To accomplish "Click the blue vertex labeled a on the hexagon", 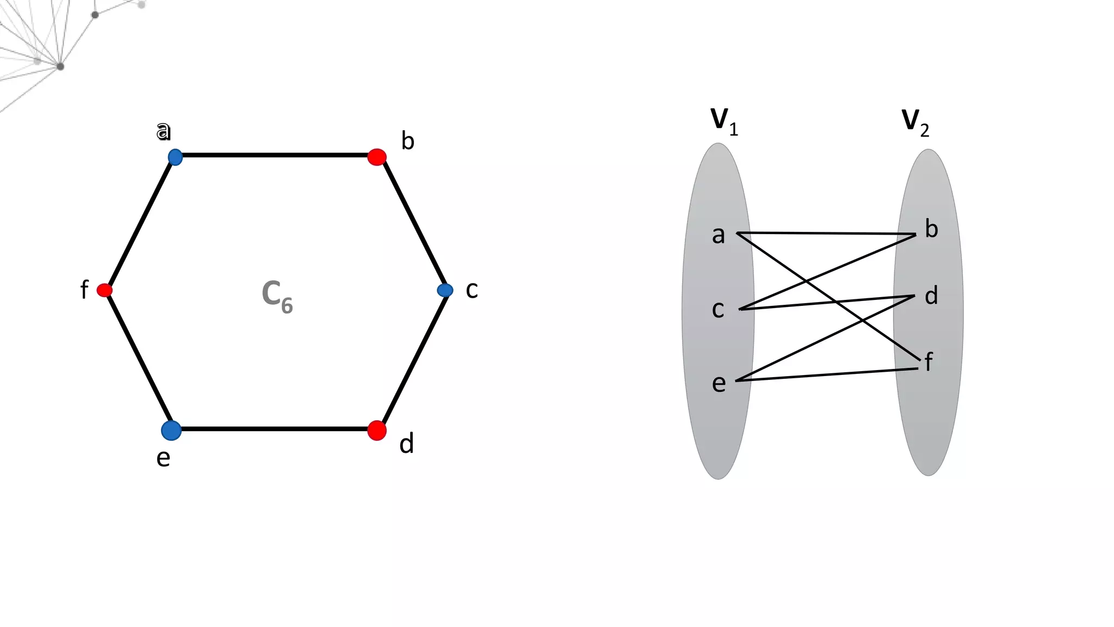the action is [x=175, y=157].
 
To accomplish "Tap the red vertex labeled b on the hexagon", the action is [x=377, y=157].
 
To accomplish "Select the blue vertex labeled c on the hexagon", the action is [x=445, y=290].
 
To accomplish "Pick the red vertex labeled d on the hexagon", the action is [x=377, y=431].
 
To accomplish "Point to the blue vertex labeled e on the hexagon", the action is [x=171, y=430].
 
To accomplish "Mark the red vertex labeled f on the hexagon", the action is [x=104, y=290].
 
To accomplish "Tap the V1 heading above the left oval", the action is [x=724, y=121].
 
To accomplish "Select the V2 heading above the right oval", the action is [x=915, y=122].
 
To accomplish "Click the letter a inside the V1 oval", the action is [x=719, y=235].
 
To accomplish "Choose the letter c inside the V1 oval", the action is [x=718, y=310].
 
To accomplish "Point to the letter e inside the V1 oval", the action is [x=719, y=384].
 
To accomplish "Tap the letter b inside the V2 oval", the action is [x=931, y=229].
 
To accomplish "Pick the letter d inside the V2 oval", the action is [x=931, y=296].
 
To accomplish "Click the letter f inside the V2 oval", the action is [x=929, y=362].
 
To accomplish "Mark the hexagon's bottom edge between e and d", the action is [x=275, y=429].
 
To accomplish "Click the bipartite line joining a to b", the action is [x=827, y=233].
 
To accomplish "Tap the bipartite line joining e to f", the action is [x=827, y=374].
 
